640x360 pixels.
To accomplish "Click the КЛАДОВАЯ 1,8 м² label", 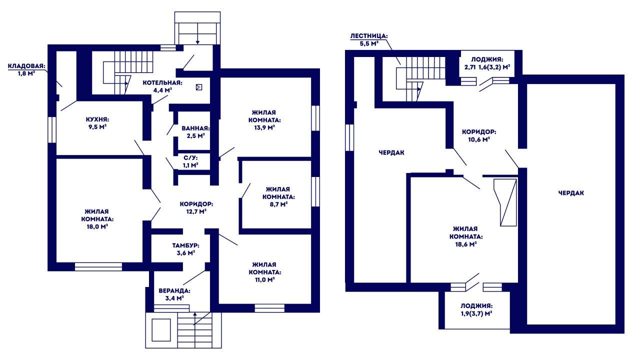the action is tap(26, 69).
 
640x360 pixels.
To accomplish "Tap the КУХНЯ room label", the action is tap(97, 119).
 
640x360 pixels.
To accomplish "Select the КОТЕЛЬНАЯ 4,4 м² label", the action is tap(162, 86).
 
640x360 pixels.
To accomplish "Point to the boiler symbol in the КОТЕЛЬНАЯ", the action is tap(199, 87).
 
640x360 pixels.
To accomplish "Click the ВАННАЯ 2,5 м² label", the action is tap(195, 132).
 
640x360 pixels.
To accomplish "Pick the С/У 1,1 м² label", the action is tap(190, 161).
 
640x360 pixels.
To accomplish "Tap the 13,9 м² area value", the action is tap(264, 127).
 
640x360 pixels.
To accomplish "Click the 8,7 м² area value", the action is tap(278, 204).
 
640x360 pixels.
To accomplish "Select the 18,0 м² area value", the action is tap(97, 227).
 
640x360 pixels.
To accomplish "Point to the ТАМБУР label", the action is tap(185, 245).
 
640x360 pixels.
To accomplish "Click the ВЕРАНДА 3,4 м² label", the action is tap(174, 294).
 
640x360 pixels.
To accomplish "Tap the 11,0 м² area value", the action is tap(264, 279).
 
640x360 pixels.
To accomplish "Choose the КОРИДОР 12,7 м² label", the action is tap(196, 207).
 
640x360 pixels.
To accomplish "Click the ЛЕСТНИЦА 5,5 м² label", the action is tap(369, 39).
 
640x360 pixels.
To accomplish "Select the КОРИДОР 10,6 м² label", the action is tap(479, 135).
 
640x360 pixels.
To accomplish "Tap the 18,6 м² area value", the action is tap(465, 244).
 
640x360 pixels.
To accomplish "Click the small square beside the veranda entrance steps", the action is tap(161, 330).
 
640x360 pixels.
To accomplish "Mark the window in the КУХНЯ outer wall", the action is tap(51, 129).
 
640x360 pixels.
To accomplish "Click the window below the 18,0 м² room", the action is tap(98, 267).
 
